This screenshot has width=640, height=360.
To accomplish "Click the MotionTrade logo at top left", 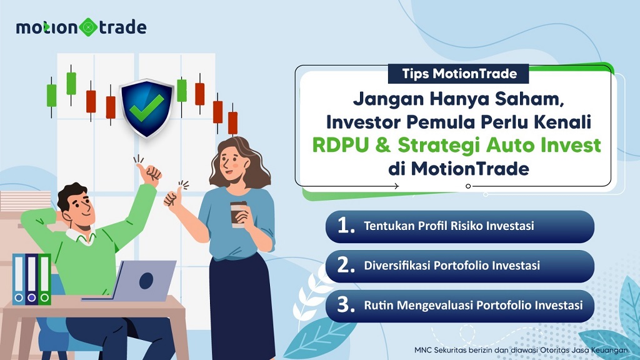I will click(81, 27).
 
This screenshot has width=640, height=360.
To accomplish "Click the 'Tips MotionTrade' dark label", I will click(458, 74).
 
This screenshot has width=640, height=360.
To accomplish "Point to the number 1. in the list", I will click(346, 226).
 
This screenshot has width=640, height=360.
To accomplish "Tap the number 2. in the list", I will click(346, 266).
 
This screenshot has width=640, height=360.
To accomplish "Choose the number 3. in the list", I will click(346, 306).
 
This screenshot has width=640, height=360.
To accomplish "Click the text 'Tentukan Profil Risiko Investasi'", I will click(449, 226).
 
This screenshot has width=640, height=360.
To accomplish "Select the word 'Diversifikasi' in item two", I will click(400, 266).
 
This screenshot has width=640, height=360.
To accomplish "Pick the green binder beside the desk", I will click(44, 279).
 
